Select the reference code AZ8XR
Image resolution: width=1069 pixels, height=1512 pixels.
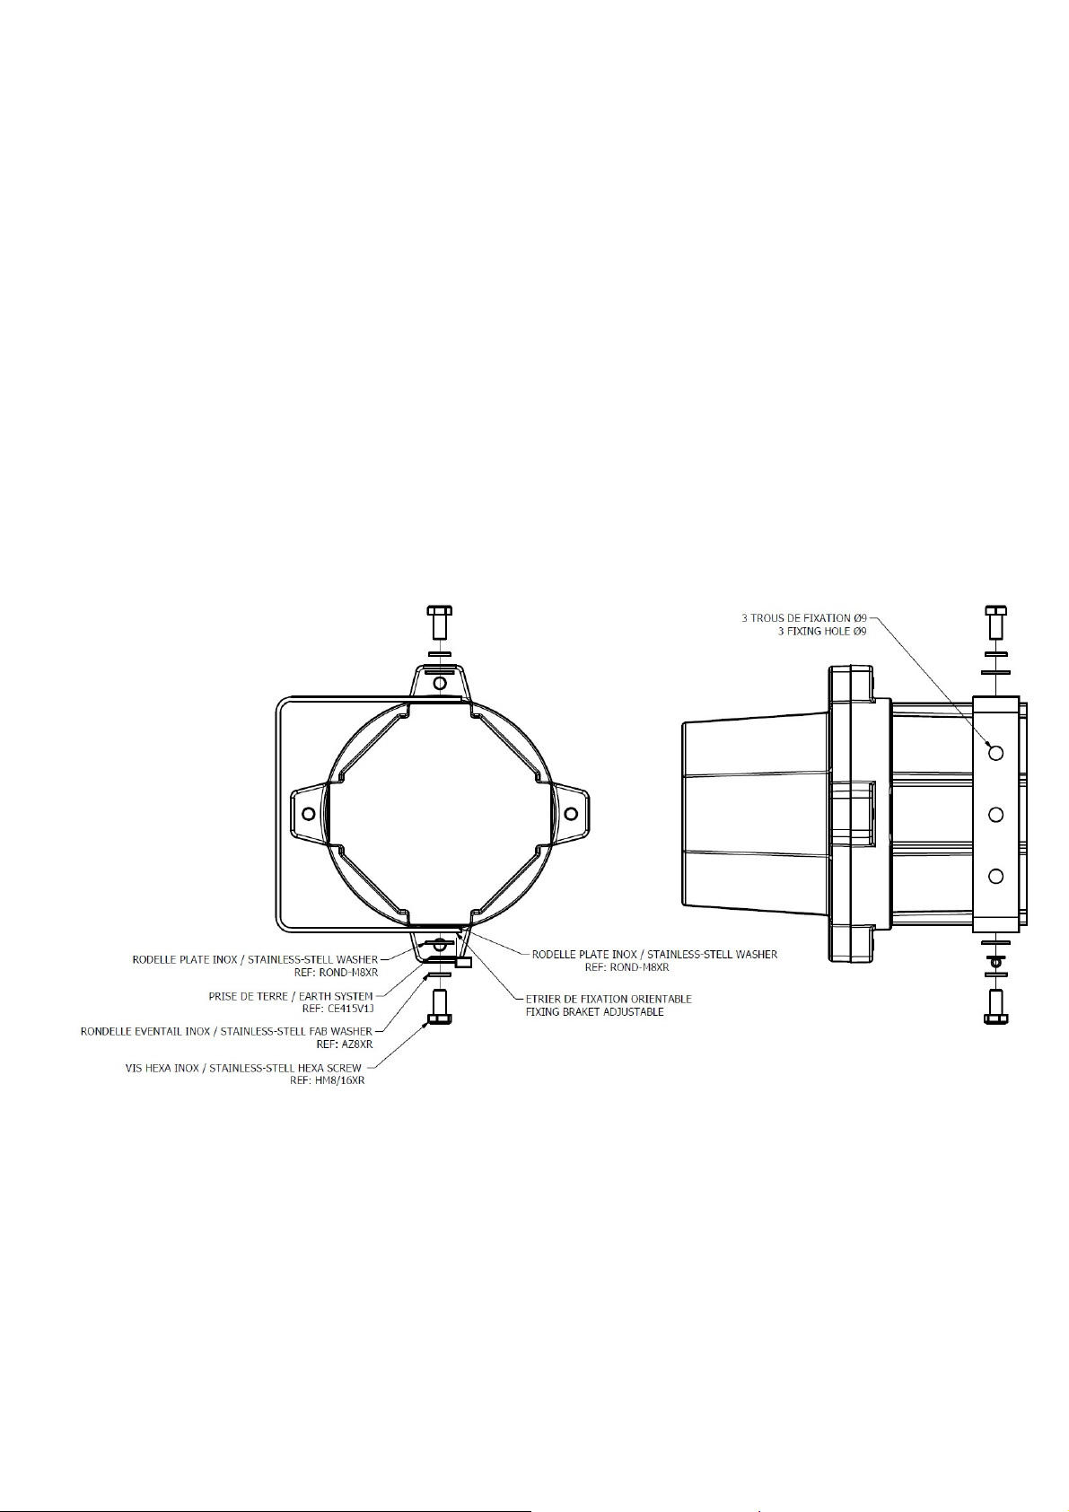pos(355,1044)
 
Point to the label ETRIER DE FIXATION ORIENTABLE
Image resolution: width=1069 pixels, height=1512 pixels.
pos(609,999)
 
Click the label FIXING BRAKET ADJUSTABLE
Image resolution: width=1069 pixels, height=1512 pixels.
pos(594,1012)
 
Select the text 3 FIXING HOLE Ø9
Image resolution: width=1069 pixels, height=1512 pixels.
pos(822,631)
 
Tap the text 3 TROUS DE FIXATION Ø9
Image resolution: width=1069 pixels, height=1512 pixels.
pos(804,617)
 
